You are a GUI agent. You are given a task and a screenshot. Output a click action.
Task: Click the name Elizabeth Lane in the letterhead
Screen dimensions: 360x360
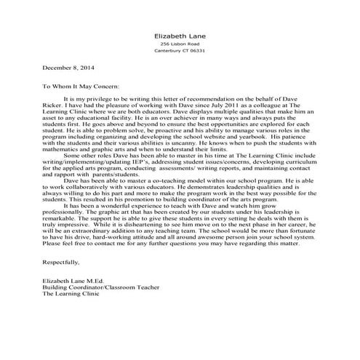click(180, 33)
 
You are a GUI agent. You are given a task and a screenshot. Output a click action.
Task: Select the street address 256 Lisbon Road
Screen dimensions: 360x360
click(180, 44)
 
